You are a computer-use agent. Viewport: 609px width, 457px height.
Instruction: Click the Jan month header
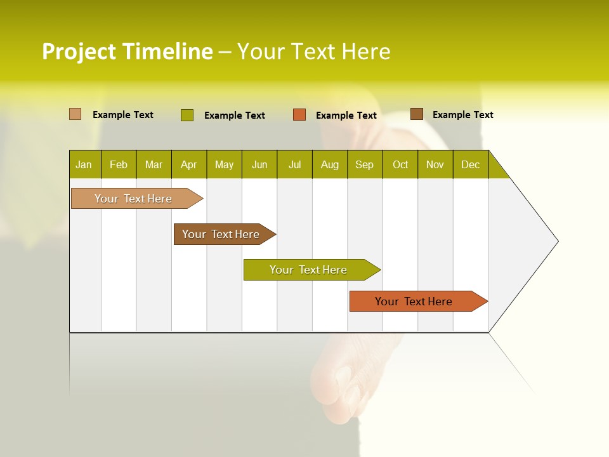coord(84,164)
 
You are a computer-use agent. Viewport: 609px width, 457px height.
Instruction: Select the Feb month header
coord(119,164)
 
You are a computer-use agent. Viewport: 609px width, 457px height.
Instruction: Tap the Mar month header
coord(154,164)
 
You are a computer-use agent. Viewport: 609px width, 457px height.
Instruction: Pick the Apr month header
coord(189,164)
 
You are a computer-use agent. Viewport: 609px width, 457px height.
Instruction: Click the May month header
coord(224,164)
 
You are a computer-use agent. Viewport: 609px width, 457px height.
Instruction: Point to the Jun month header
coord(259,164)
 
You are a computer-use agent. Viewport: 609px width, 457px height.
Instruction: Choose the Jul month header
coord(294,164)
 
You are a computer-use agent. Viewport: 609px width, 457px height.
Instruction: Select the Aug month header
coord(330,164)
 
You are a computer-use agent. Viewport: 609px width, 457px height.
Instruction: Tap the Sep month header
coord(365,164)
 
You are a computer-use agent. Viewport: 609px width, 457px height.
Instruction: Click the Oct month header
coord(400,164)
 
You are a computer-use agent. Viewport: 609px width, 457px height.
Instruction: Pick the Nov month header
coord(435,164)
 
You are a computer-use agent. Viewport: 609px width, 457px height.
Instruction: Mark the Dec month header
coord(470,164)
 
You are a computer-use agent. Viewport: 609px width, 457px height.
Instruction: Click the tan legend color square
coord(75,114)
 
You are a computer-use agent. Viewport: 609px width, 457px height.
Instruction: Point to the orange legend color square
coord(299,115)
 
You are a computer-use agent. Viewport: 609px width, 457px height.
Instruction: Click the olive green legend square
coord(187,115)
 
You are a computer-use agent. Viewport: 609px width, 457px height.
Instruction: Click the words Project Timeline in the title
coord(127,51)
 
